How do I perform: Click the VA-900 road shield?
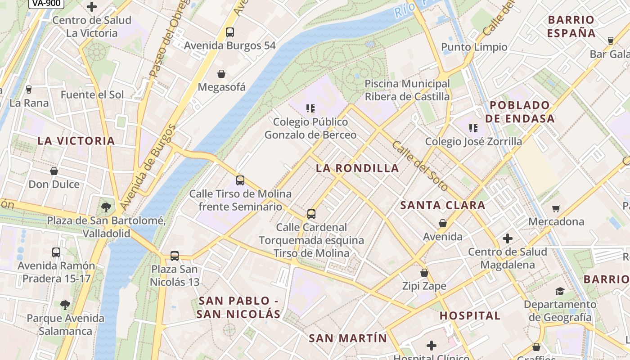point(46,3)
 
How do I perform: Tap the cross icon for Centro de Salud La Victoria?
point(92,7)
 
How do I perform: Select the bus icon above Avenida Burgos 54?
point(230,32)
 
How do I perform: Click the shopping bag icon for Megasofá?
point(221,74)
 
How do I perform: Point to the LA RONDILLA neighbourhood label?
point(357,168)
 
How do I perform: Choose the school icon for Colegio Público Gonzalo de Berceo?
point(310,108)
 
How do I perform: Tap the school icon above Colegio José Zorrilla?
point(473,128)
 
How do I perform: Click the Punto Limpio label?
point(474,47)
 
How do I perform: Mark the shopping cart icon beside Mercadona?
point(556,208)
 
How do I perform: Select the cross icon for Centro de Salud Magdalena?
point(508,238)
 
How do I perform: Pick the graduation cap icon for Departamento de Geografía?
point(560,291)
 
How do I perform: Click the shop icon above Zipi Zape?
point(424,273)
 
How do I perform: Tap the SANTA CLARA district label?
point(443,206)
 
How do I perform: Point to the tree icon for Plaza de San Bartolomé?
point(106,207)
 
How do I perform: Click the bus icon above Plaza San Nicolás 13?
point(175,256)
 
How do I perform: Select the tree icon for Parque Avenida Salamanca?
point(65,305)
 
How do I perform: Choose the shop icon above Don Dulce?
point(54,171)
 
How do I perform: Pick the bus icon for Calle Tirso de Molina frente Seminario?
point(240,180)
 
